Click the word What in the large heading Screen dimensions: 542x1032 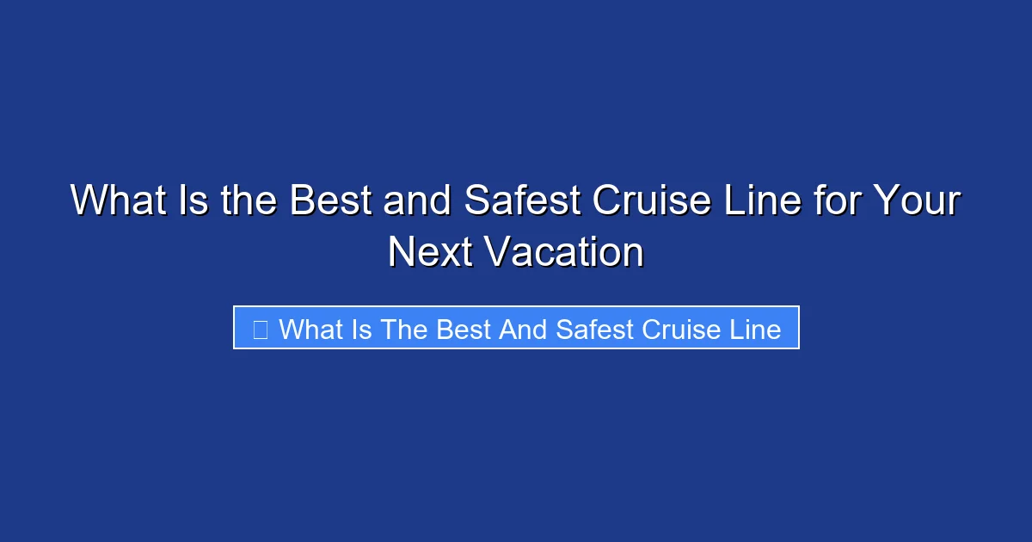tap(109, 201)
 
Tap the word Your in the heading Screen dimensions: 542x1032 tap(916, 201)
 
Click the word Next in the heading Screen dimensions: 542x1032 tap(429, 253)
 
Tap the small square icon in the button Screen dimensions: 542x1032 tap(261, 329)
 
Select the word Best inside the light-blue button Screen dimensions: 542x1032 tap(464, 329)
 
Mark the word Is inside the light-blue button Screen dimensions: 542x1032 tap(361, 329)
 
